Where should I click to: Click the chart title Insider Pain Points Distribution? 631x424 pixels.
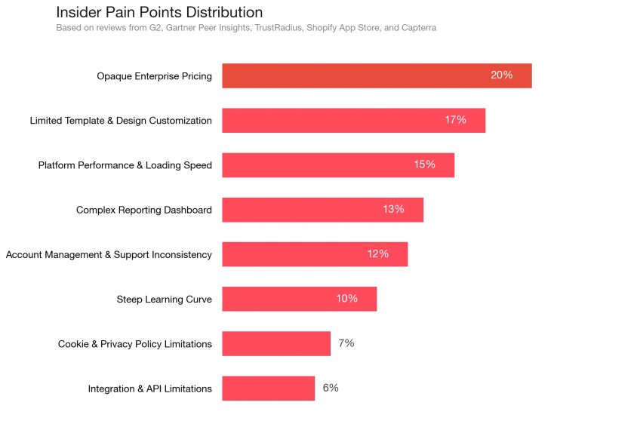tap(159, 12)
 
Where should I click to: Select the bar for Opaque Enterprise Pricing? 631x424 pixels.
tap(377, 75)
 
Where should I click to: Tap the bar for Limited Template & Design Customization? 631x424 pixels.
tap(353, 120)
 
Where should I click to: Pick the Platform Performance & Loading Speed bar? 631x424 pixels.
tap(338, 165)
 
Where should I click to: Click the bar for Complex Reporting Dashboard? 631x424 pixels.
tap(322, 210)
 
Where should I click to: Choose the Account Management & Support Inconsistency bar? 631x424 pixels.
tap(315, 254)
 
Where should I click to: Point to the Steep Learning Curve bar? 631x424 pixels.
tap(299, 299)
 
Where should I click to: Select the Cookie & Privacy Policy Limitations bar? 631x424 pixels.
tap(276, 343)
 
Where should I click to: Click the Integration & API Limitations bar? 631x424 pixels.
tap(268, 389)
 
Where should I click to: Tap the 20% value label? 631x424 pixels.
tap(501, 75)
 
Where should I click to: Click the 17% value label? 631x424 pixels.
tap(455, 120)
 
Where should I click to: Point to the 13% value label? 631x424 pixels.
tap(393, 210)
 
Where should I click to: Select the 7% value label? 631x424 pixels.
tap(346, 343)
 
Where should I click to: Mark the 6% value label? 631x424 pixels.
tap(331, 389)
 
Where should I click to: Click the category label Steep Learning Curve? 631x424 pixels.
tap(164, 300)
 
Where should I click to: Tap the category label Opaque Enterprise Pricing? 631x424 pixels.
tap(154, 76)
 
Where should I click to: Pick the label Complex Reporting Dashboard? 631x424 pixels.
tap(143, 210)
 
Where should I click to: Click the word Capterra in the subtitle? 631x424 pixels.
tap(417, 28)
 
